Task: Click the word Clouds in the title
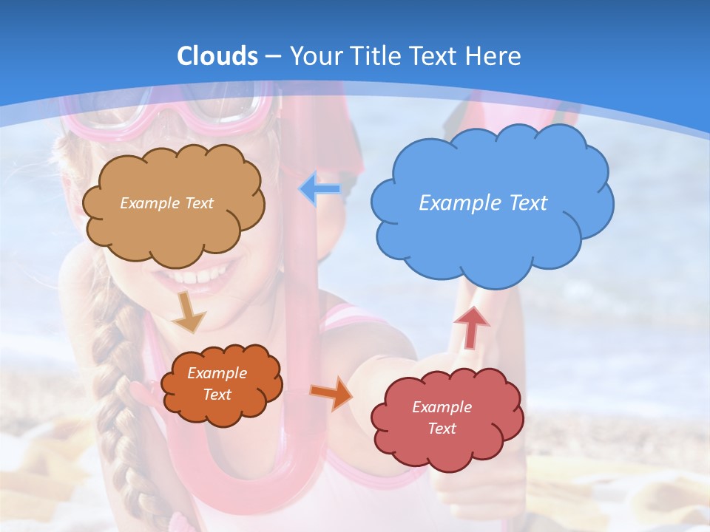[x=217, y=56]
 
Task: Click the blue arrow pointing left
[x=319, y=189]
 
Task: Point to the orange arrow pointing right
[x=331, y=392]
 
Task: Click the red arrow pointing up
[x=471, y=327]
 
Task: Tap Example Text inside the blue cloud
[x=483, y=202]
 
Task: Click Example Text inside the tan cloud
[x=166, y=202]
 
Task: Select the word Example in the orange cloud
[x=217, y=373]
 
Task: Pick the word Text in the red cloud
[x=442, y=429]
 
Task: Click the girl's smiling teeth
[x=194, y=278]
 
